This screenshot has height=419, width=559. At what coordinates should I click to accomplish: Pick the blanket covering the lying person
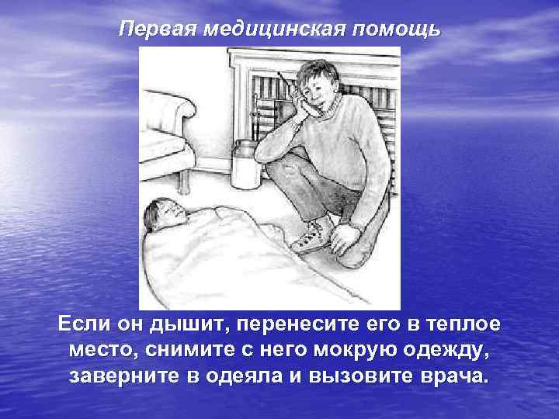pos(233,256)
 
